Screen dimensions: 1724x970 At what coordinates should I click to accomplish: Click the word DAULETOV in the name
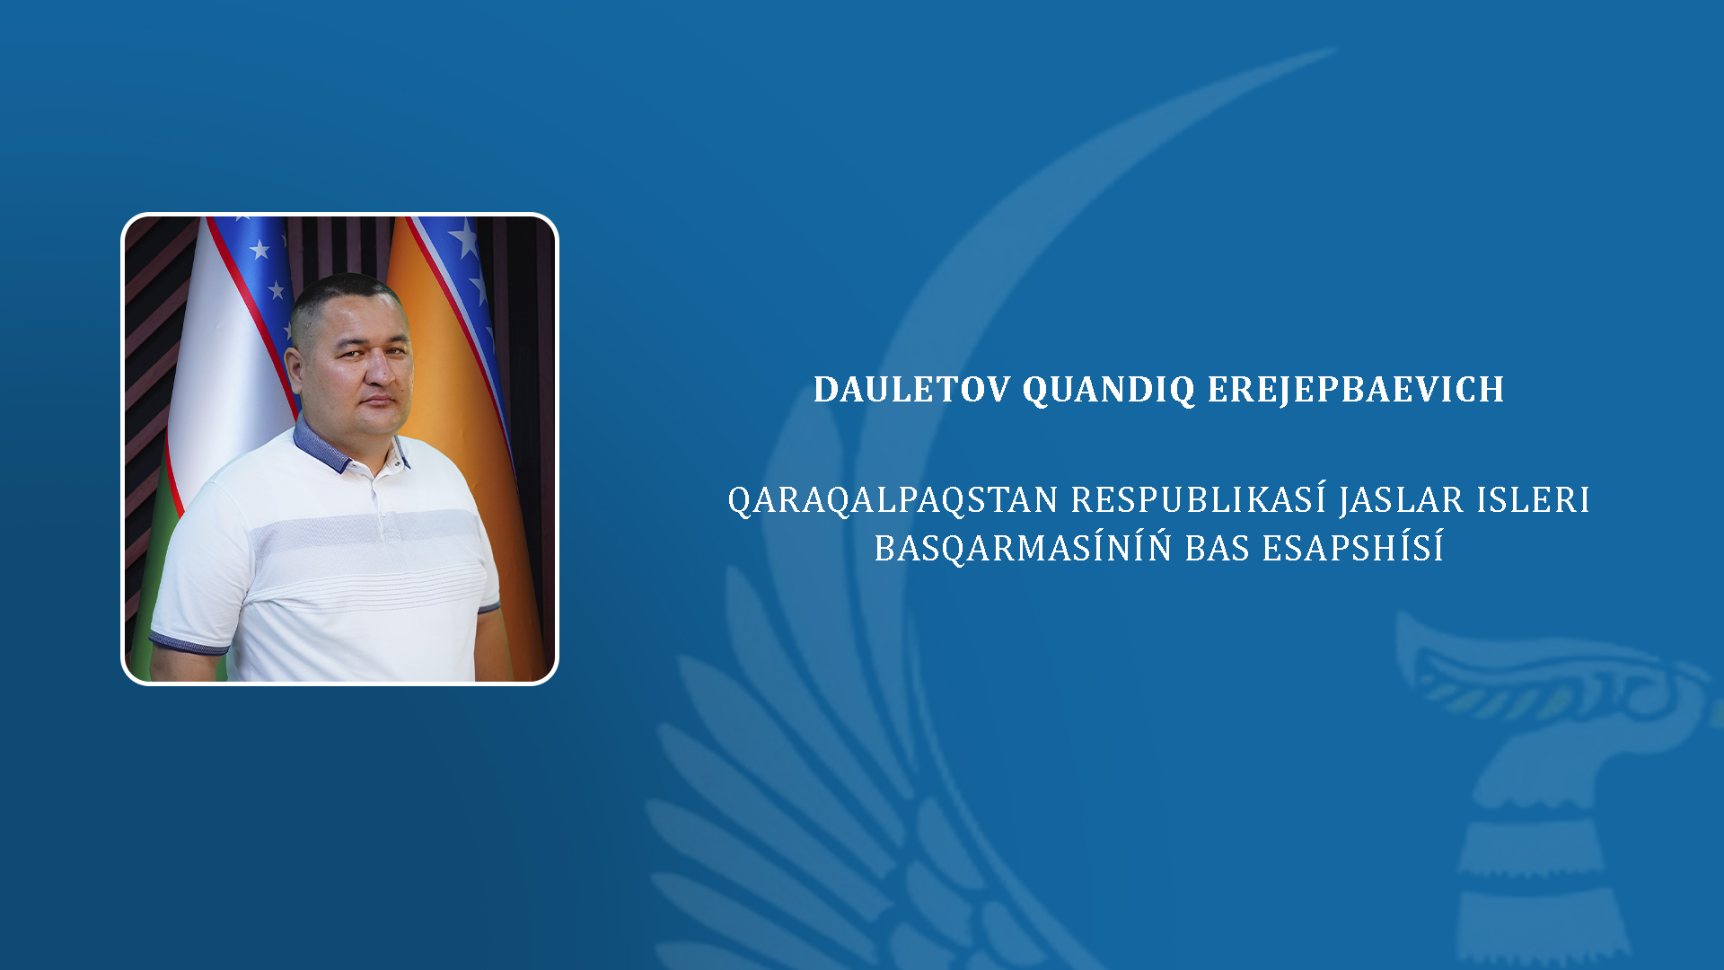point(911,390)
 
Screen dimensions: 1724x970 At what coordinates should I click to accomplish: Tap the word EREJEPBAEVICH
point(1356,390)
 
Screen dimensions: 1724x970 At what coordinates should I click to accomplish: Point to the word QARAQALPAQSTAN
point(893,500)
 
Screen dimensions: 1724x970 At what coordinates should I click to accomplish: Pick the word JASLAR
point(1402,501)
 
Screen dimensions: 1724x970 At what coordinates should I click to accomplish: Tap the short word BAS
point(1218,548)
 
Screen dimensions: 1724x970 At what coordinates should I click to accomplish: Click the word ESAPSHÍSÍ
point(1353,547)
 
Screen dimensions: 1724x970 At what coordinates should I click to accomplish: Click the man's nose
point(377,370)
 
